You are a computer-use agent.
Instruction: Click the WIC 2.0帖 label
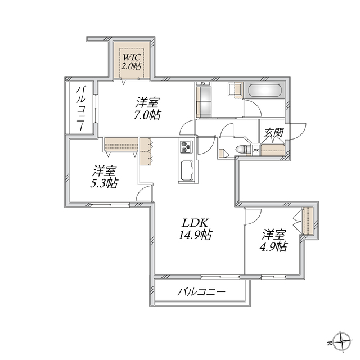[x=131, y=61]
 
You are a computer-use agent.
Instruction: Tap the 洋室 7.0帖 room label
[x=147, y=109]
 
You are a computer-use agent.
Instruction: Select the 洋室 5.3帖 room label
[x=105, y=177]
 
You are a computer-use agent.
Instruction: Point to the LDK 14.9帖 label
[x=195, y=229]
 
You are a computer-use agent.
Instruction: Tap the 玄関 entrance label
[x=274, y=133]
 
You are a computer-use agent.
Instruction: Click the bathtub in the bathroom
[x=265, y=91]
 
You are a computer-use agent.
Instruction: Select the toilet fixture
[x=243, y=149]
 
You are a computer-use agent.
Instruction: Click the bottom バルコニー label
[x=201, y=292]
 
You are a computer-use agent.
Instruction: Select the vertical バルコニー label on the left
[x=81, y=109]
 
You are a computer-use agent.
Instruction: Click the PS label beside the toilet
[x=256, y=151]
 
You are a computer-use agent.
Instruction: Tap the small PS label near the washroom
[x=202, y=84]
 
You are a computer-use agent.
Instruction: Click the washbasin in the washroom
[x=234, y=89]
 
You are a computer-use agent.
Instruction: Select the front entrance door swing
[x=298, y=131]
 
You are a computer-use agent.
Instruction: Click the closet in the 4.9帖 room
[x=307, y=220]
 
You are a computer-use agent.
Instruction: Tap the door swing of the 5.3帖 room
[x=144, y=194]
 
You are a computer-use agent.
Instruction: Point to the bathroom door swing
[x=253, y=108]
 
